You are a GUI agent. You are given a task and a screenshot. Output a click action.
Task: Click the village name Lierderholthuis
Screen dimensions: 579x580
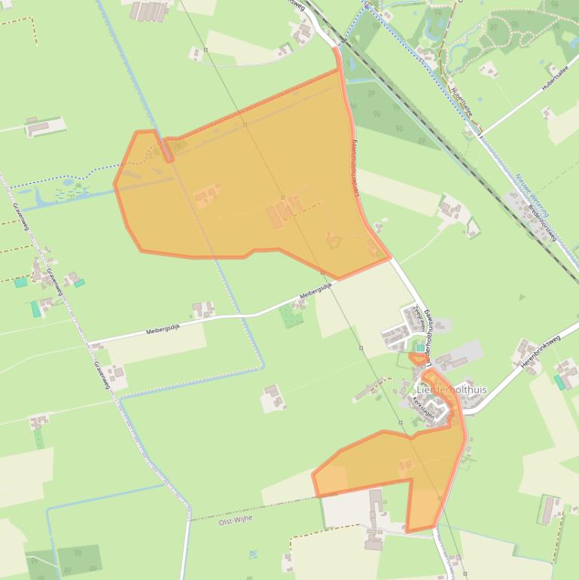tap(452, 389)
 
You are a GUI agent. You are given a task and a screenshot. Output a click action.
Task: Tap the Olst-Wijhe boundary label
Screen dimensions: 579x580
tap(235, 520)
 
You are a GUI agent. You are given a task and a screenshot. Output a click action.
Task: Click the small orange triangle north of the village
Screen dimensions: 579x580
tap(417, 359)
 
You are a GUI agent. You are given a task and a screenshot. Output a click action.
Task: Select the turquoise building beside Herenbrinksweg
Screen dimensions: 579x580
tap(559, 383)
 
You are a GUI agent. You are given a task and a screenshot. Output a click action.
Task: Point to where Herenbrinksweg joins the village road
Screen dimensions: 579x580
tap(465, 412)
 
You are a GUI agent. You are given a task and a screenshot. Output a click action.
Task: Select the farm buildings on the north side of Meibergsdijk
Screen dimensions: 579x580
tap(203, 309)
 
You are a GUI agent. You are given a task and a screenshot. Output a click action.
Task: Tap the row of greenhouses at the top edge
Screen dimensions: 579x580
tap(148, 11)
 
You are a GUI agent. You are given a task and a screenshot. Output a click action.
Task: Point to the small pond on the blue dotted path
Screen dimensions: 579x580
tap(68, 182)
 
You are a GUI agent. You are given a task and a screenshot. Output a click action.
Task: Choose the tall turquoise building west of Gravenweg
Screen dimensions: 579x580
tap(35, 309)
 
